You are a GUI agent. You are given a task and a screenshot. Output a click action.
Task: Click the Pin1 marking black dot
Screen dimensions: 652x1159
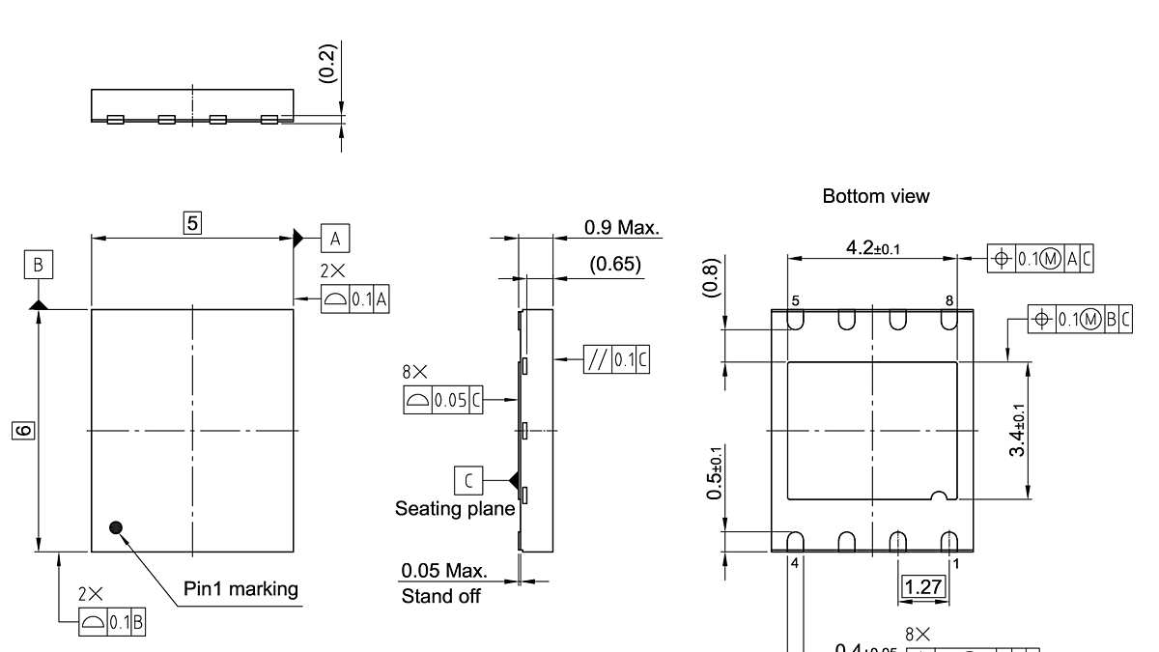click(x=117, y=527)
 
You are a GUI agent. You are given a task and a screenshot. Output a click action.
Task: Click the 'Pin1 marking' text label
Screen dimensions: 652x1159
click(x=240, y=588)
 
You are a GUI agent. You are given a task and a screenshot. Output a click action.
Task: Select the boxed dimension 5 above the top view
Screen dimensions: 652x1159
click(x=192, y=223)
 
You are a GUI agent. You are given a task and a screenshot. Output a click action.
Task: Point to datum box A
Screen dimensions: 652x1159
click(x=334, y=238)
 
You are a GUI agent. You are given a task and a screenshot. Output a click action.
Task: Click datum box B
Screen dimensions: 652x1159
click(x=38, y=265)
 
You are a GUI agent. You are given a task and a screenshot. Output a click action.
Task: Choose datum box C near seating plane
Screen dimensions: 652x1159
click(x=468, y=479)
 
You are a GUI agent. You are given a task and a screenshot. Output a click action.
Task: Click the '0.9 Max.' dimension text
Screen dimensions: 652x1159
click(x=622, y=228)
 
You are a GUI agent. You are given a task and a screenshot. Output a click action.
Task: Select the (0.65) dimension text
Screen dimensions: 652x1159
click(x=615, y=264)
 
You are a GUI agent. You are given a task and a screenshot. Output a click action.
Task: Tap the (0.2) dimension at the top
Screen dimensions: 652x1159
click(x=327, y=63)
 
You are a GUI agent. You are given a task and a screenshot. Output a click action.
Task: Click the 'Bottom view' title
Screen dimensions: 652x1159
click(x=875, y=196)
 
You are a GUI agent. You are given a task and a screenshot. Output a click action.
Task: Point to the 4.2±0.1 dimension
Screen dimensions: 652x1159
click(x=872, y=248)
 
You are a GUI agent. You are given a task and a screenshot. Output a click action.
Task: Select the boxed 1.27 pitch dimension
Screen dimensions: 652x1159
click(x=922, y=585)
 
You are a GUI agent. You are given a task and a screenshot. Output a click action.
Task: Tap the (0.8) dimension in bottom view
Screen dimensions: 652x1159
click(x=712, y=278)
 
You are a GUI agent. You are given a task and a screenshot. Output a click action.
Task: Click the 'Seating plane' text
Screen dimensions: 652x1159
click(x=454, y=508)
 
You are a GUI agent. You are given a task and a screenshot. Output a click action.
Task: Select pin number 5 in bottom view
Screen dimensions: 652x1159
click(x=795, y=300)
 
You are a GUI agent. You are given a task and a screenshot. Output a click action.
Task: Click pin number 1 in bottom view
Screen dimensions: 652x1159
click(x=955, y=563)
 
